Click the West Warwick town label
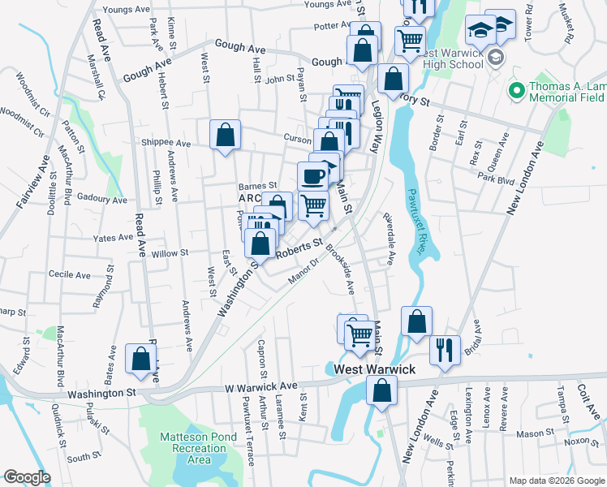click(375, 369)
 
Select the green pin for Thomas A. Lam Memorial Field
click(514, 90)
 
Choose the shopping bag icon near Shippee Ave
click(225, 136)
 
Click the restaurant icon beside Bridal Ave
click(443, 350)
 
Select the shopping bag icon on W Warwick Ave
click(381, 391)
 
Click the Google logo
click(27, 477)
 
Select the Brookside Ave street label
click(341, 269)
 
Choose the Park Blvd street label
click(497, 179)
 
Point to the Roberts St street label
click(299, 248)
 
